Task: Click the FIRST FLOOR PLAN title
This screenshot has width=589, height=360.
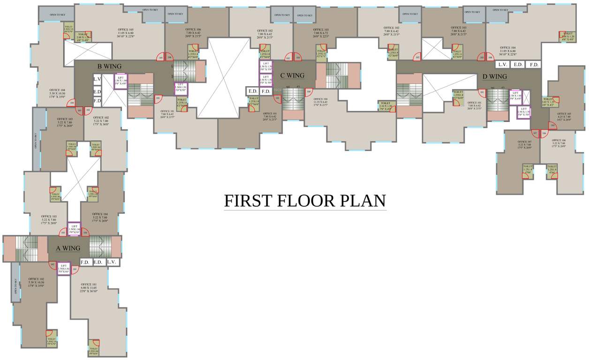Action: [305, 201]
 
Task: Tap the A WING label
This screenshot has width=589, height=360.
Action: [68, 248]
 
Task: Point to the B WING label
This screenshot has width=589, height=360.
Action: [109, 66]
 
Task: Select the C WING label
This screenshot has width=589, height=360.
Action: [292, 75]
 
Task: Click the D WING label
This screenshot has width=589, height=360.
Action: [495, 76]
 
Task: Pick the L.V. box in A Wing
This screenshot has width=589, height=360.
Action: [111, 262]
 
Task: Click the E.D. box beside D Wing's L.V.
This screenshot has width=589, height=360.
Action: [518, 65]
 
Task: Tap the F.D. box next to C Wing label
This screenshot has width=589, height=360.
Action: [266, 91]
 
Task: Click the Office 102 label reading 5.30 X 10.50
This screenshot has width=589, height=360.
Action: [36, 283]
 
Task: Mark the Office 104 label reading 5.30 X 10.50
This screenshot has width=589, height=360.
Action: [56, 93]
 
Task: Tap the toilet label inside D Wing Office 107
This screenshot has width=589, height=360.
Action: [528, 169]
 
